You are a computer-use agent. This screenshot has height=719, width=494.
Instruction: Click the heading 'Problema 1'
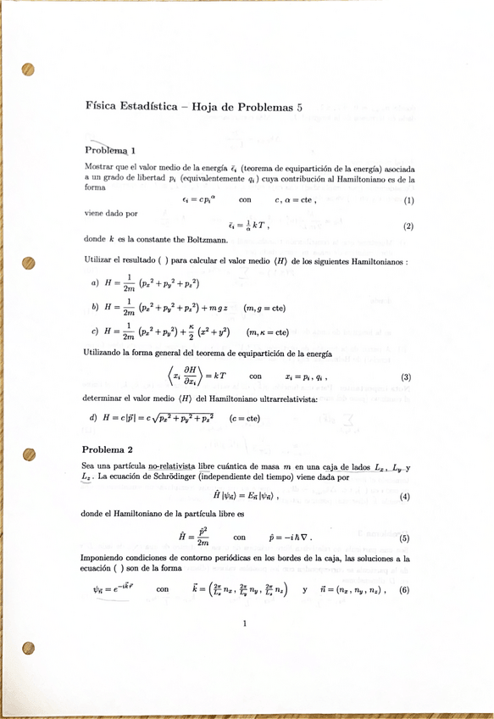click(108, 151)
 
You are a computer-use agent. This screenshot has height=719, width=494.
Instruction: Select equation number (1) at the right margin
click(408, 201)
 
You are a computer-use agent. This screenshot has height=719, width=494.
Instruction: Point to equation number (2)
click(408, 226)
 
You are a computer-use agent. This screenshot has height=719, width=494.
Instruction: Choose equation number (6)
click(405, 590)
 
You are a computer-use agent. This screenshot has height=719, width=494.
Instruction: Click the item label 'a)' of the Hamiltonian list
click(93, 283)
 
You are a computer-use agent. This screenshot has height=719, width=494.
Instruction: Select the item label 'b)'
click(93, 308)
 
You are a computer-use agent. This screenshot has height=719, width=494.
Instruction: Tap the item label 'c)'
click(93, 332)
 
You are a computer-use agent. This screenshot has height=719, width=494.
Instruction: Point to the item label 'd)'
click(93, 418)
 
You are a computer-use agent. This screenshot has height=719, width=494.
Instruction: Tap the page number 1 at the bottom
click(244, 626)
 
